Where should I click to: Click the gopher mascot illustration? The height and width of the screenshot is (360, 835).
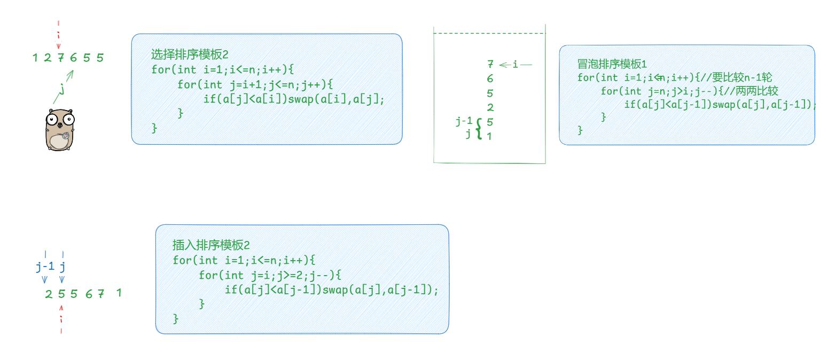point(59,129)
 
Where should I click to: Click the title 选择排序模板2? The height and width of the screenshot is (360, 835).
point(190,54)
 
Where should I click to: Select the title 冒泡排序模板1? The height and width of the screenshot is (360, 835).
point(612,64)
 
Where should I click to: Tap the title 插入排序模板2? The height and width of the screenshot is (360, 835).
point(211,245)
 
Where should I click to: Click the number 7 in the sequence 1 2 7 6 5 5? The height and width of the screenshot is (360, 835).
point(60,58)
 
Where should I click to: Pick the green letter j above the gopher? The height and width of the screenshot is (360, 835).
point(63,88)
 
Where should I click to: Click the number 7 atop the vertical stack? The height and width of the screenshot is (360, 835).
point(490,65)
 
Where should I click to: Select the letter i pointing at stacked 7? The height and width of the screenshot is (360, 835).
point(515,65)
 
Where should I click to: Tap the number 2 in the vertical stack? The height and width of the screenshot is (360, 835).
point(490,108)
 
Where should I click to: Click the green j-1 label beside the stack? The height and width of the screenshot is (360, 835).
point(464,122)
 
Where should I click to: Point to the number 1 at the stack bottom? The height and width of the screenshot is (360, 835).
point(489,136)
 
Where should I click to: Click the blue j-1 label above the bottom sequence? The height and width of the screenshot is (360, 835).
point(45,265)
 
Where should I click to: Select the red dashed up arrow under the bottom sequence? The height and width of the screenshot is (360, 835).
point(61,319)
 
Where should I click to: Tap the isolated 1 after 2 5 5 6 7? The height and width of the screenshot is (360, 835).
point(119,293)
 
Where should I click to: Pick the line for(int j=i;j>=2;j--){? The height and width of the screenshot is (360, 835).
point(270,275)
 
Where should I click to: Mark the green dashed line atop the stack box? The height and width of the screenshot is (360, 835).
point(489,34)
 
